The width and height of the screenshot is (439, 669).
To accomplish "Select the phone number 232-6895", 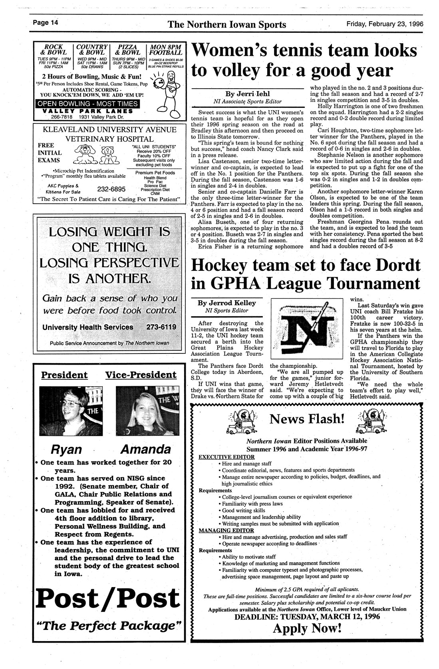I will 111,189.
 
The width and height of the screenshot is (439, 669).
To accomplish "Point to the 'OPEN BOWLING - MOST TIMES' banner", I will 87,104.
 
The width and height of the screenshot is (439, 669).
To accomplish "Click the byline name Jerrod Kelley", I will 226,303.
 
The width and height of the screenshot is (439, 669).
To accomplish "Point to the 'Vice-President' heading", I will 141,375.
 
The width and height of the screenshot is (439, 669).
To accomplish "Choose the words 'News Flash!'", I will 307,419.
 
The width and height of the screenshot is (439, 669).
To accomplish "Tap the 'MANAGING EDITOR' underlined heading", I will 226,530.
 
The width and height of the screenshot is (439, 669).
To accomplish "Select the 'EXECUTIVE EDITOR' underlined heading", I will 226,457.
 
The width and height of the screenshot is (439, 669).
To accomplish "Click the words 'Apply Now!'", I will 307,629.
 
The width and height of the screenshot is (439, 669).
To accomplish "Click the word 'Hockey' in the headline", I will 219,265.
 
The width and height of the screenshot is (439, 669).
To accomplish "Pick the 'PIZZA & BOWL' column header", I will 127,50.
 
